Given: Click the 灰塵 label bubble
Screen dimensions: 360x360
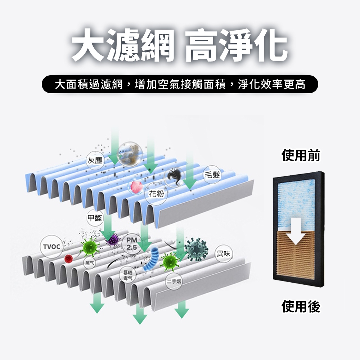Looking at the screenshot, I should tap(95, 161).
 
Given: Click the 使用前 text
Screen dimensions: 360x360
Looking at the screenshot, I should tap(301, 156).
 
